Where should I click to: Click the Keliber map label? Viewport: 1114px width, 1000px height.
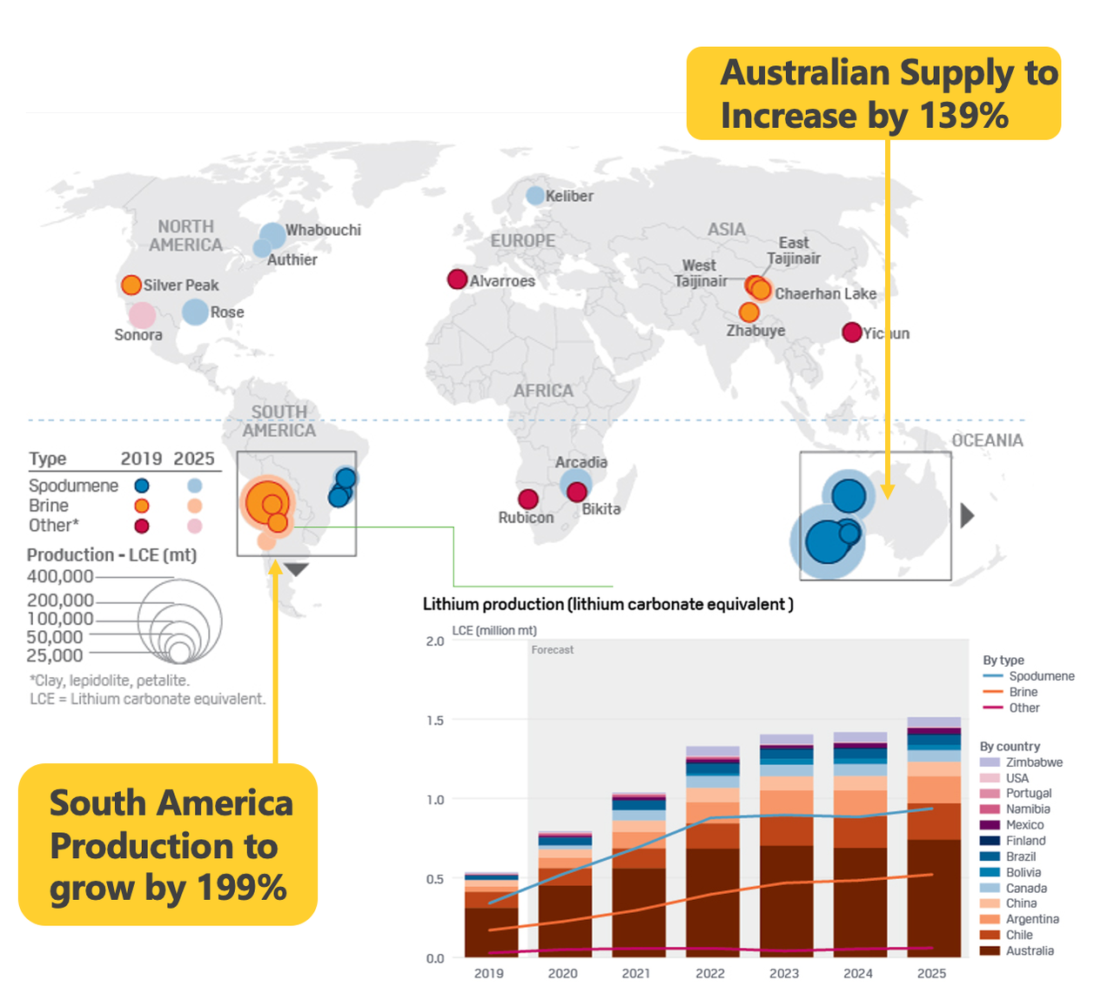click(x=569, y=197)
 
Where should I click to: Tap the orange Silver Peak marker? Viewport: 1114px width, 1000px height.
click(x=131, y=285)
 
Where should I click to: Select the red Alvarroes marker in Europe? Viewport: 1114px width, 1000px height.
click(x=457, y=279)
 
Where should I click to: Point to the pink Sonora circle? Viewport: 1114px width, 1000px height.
click(x=142, y=315)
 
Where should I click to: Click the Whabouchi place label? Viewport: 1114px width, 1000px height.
click(x=323, y=230)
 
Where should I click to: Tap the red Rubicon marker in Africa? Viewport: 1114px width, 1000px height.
click(x=528, y=499)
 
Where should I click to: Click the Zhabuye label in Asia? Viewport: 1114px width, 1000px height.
click(x=755, y=331)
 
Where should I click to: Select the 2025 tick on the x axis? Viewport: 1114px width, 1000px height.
click(x=931, y=973)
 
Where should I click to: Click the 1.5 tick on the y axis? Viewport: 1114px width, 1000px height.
click(x=435, y=721)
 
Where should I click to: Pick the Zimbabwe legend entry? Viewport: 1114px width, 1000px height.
click(x=1033, y=762)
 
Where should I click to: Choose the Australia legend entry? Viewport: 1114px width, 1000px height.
click(x=1029, y=950)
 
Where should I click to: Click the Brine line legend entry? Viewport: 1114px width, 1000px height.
click(x=1023, y=692)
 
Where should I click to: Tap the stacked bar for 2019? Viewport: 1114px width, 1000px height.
click(x=491, y=914)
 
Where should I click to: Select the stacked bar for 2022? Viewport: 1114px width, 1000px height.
click(x=713, y=853)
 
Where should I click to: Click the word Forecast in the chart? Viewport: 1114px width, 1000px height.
click(x=553, y=650)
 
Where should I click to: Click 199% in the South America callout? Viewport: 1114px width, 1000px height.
click(x=241, y=888)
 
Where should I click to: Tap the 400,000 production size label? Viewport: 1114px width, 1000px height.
click(x=60, y=576)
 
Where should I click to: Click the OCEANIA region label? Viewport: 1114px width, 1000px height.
click(x=987, y=440)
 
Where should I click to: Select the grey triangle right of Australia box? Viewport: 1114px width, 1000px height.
click(x=966, y=516)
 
